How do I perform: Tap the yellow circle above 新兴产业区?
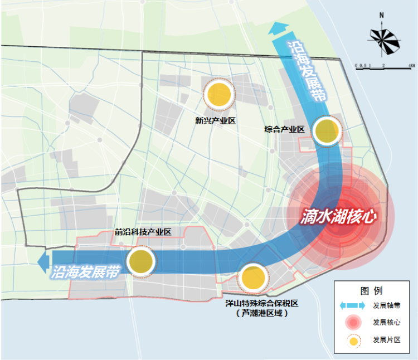click(x=218, y=95)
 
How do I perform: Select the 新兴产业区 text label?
click(x=216, y=120)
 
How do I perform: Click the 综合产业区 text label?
click(x=284, y=129)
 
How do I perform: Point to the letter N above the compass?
click(x=380, y=16)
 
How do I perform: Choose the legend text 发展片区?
click(x=387, y=339)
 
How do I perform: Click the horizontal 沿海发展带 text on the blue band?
click(x=86, y=273)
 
